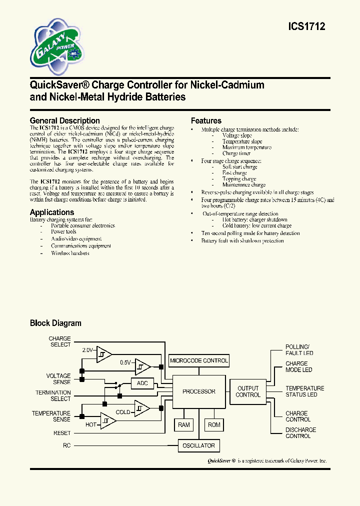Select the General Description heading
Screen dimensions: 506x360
[65, 120]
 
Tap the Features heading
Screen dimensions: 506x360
[206, 120]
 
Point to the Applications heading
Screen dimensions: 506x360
[52, 212]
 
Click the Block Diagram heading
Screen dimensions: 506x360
[55, 323]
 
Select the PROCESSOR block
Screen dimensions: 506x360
[199, 391]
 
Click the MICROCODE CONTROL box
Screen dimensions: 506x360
[199, 360]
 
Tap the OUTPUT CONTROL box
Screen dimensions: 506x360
[248, 391]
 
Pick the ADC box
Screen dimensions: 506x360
[142, 383]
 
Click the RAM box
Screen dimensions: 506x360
[184, 424]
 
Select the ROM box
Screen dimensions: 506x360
[214, 424]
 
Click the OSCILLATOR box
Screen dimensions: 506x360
[199, 445]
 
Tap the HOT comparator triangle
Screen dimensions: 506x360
[108, 421]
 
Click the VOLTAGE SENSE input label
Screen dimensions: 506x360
[58, 379]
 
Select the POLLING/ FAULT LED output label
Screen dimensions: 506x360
[299, 350]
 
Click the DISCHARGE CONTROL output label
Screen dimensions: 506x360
[300, 433]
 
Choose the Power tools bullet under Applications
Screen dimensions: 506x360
[63, 232]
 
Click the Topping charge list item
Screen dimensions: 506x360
[239, 179]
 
